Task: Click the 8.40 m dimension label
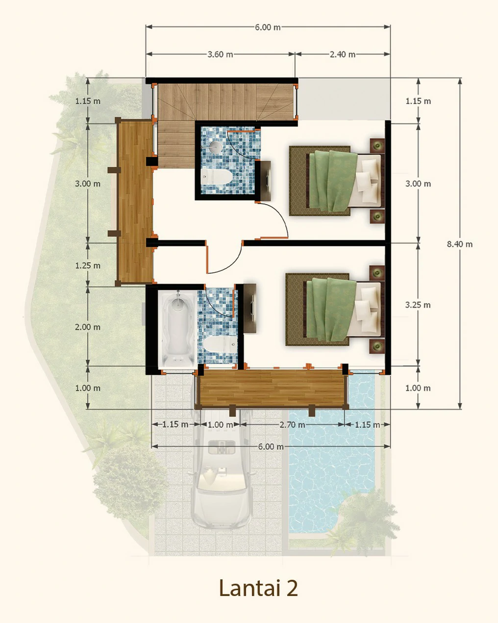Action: [459, 244]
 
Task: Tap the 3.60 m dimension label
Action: [220, 54]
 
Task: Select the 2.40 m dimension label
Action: [343, 54]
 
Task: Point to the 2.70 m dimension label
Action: [292, 424]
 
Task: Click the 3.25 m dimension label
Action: [418, 305]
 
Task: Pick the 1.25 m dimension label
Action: [88, 265]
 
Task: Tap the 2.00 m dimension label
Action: [88, 327]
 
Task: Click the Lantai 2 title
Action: [258, 587]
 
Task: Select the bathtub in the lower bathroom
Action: [177, 329]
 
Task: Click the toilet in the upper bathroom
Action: [216, 177]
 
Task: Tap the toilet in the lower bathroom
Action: [220, 344]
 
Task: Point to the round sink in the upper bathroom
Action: [215, 146]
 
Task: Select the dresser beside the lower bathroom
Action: [249, 308]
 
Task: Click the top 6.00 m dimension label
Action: [268, 27]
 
